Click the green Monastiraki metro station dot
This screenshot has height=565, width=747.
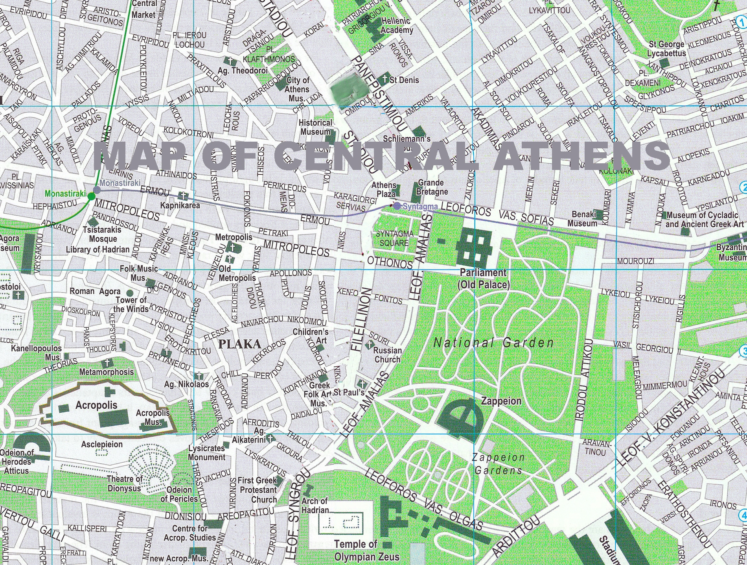(91, 196)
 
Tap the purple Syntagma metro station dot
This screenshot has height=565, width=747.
(397, 206)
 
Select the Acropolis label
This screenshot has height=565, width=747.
(96, 405)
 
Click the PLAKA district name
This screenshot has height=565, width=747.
(239, 344)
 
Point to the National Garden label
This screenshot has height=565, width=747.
(493, 343)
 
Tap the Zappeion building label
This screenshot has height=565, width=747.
(501, 401)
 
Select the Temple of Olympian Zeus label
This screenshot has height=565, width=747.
(366, 550)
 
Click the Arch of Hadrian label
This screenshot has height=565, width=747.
(315, 506)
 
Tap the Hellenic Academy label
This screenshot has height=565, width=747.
(396, 26)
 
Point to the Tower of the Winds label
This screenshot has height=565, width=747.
(131, 305)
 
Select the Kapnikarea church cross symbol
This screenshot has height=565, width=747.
(183, 196)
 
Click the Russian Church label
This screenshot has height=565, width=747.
(387, 355)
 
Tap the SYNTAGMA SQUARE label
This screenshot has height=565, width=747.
(394, 238)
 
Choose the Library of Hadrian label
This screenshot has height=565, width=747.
(98, 249)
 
